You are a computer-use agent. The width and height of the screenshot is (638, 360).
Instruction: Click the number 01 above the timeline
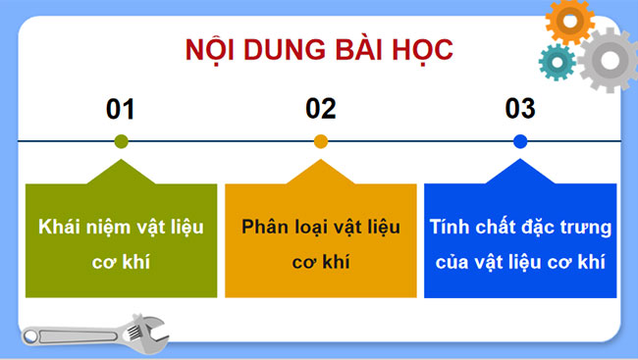click(x=120, y=108)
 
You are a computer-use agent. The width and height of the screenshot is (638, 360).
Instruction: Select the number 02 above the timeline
click(x=320, y=108)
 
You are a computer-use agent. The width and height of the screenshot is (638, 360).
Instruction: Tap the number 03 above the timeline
click(x=520, y=108)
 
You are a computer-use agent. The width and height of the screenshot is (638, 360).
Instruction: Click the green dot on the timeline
click(x=121, y=141)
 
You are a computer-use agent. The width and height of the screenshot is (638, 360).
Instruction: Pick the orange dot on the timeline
click(x=320, y=141)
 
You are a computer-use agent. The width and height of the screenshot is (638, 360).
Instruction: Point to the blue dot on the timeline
click(x=520, y=141)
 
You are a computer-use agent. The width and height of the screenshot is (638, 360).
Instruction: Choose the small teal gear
click(x=557, y=62)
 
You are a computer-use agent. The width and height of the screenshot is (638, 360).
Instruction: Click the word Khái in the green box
click(x=58, y=229)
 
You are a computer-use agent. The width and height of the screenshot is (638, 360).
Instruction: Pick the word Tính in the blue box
click(x=449, y=228)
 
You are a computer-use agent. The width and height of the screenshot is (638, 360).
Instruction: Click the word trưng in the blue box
click(x=586, y=228)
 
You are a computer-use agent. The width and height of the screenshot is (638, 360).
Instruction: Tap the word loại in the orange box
click(x=312, y=227)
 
